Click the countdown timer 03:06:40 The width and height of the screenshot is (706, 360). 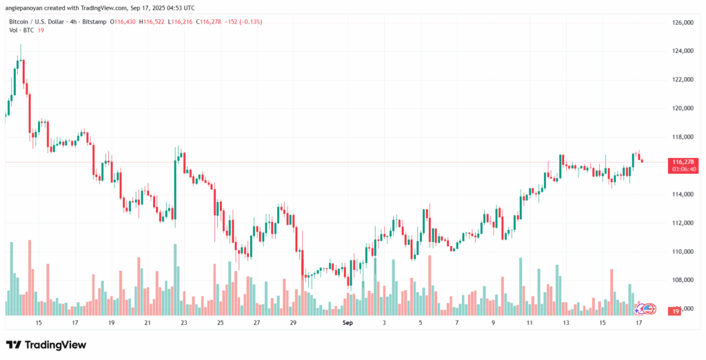pos(681,169)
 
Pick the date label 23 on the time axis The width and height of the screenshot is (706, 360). pos(183,323)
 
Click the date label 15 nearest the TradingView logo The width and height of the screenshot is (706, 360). pos(39,323)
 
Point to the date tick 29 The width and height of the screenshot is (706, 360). pos(292,323)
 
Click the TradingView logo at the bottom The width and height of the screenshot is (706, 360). pos(46,345)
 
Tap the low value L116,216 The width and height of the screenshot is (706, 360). pos(183,22)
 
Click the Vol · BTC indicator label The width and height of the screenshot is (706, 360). pos(21,31)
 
